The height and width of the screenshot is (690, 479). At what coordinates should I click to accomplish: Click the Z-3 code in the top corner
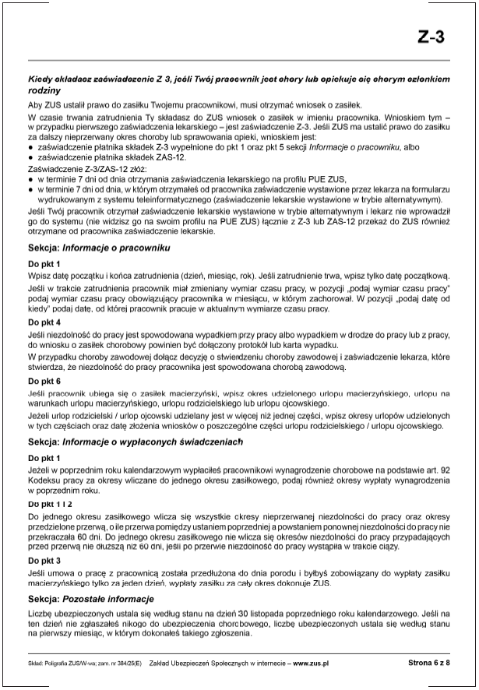433,37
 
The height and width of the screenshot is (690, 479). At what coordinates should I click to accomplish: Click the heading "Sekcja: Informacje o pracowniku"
100,248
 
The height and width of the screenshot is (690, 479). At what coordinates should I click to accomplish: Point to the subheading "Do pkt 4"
44,321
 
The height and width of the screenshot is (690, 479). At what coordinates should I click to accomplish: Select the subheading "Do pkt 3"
44,560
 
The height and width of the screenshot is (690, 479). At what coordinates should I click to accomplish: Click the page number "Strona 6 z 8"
429,662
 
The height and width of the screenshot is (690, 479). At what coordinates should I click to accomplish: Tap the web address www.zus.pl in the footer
311,663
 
